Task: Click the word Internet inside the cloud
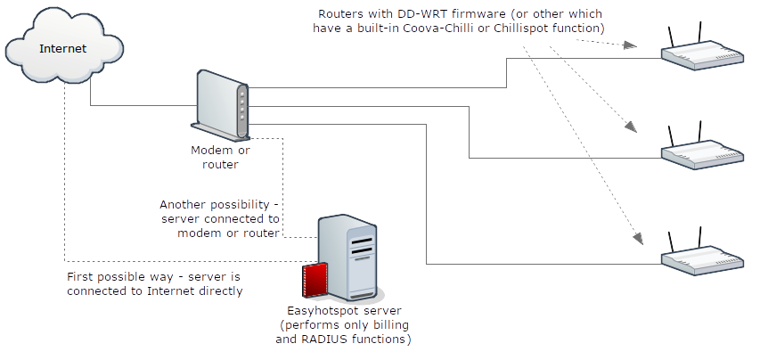tap(62, 48)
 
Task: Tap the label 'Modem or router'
tap(214, 158)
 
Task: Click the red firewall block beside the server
tap(315, 281)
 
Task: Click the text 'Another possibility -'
tap(219, 204)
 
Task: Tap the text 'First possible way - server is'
tap(153, 277)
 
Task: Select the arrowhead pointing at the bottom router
tap(637, 239)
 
